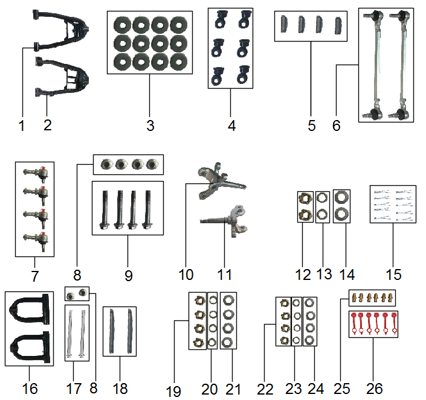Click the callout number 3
coord(150,125)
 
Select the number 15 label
coord(393,275)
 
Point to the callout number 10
coord(186,275)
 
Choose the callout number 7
coord(34,276)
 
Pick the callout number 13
coord(324,275)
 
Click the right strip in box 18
coord(129,332)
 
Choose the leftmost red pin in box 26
coord(356,322)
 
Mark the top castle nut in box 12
coord(306,199)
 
